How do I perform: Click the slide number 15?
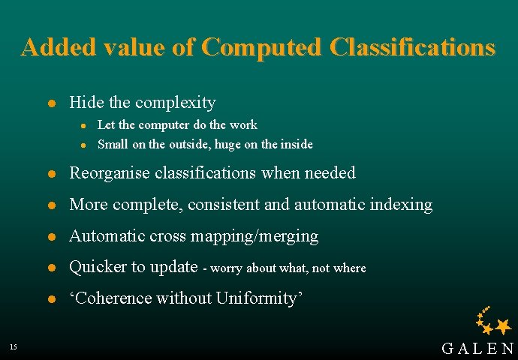point(14,346)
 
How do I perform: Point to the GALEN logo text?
point(477,348)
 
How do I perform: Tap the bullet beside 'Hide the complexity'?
point(50,103)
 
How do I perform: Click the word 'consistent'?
point(219,204)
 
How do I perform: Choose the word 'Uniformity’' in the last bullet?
point(259,298)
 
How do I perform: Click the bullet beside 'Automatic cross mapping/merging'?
point(50,237)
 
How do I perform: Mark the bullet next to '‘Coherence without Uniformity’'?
point(50,298)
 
